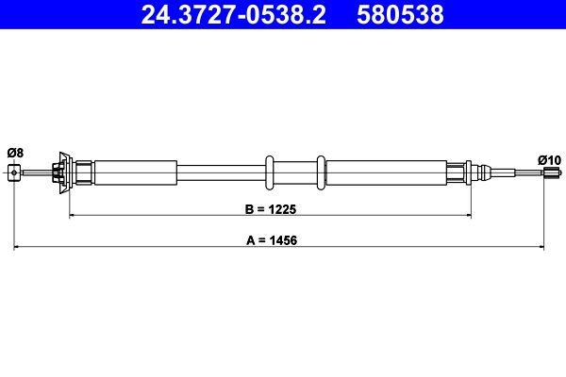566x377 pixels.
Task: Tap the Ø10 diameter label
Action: click(x=549, y=158)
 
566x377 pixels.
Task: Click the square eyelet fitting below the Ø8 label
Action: click(x=13, y=172)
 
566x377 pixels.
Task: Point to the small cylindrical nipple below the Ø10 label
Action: click(x=545, y=172)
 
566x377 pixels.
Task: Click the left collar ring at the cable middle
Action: click(x=271, y=172)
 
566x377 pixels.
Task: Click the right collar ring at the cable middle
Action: click(x=324, y=172)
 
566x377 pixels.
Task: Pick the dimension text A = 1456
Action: click(x=280, y=240)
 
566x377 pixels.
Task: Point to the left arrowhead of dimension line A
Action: click(x=16, y=248)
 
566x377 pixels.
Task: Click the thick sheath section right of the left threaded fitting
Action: click(x=135, y=172)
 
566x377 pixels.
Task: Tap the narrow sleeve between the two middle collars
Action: click(x=297, y=172)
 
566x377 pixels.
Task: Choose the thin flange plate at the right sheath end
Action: click(x=467, y=172)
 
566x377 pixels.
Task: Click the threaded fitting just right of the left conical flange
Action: click(x=83, y=172)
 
